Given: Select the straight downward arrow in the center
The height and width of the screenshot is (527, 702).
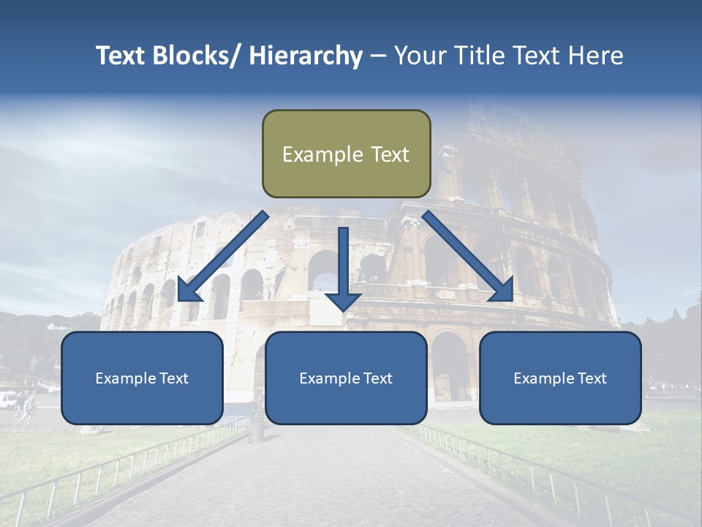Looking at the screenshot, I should click(343, 267).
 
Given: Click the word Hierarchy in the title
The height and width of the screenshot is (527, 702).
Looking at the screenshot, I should click(306, 56).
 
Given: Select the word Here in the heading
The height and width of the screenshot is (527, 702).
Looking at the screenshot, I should click(596, 56).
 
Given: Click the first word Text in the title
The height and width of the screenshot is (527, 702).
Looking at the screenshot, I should click(121, 56).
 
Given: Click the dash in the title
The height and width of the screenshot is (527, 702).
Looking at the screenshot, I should click(378, 56).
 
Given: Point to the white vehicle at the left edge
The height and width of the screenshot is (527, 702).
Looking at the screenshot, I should click(7, 400).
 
